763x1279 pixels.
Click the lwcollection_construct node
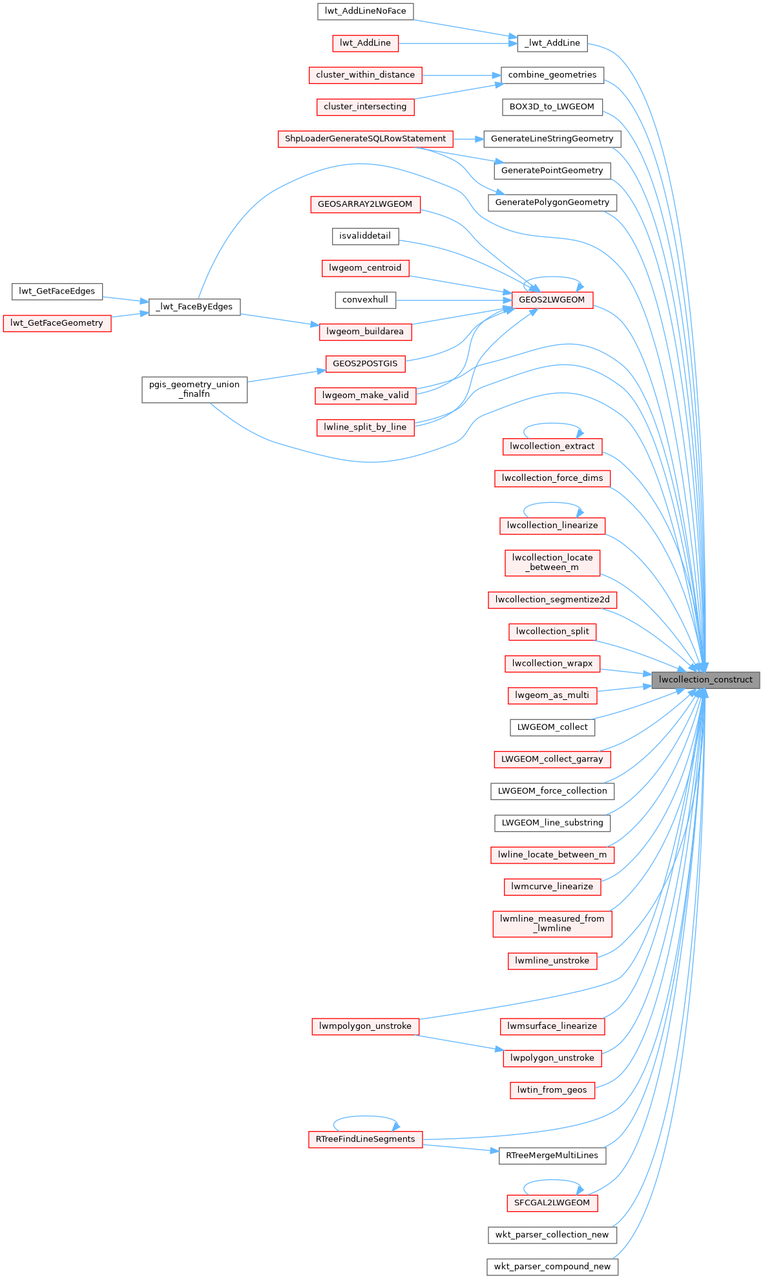point(705,680)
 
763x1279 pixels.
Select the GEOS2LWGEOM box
point(551,300)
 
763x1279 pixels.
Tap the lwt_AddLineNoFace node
point(365,11)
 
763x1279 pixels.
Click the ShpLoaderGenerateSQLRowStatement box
point(365,139)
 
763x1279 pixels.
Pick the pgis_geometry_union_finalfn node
point(194,389)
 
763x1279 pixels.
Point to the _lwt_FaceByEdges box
point(194,306)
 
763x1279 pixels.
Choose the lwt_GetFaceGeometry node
point(57,323)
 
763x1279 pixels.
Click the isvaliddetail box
point(365,236)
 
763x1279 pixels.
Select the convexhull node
point(365,300)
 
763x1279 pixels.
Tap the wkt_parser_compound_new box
point(552,1267)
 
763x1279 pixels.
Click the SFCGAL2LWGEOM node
point(552,1203)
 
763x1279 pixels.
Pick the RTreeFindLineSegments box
point(365,1139)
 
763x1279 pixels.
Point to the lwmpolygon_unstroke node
point(365,1026)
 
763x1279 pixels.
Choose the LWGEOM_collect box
point(552,727)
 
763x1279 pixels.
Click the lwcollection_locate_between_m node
point(552,562)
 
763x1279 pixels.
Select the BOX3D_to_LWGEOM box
point(552,107)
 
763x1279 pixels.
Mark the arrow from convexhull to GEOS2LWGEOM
point(452,300)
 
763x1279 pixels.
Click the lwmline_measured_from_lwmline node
point(552,924)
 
